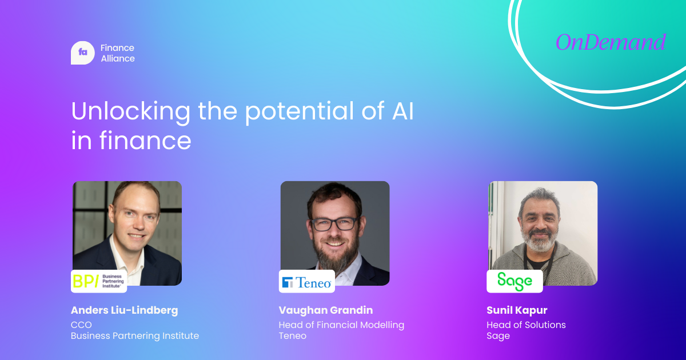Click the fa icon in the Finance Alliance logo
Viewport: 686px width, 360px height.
pos(83,53)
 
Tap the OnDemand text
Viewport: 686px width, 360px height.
pos(611,42)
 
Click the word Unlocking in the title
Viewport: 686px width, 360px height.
pos(131,112)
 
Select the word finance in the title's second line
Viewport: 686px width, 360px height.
pos(145,140)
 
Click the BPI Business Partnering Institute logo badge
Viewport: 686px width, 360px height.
pos(99,281)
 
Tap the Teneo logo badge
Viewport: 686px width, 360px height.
pos(307,281)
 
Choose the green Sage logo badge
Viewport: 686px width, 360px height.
pos(515,281)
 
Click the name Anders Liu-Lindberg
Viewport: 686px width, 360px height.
pos(125,310)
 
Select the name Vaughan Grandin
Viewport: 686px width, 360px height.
pos(326,310)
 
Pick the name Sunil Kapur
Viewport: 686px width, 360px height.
pos(517,310)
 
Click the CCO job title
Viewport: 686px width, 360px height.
pos(81,325)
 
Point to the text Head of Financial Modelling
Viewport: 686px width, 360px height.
pos(341,325)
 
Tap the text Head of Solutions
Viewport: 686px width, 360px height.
pos(526,325)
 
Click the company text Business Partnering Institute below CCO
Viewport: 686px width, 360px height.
pos(135,336)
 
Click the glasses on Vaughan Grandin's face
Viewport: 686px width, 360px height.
pos(336,224)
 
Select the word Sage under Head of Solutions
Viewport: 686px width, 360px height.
pos(498,336)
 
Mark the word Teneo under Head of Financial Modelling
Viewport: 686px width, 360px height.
pos(293,336)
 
